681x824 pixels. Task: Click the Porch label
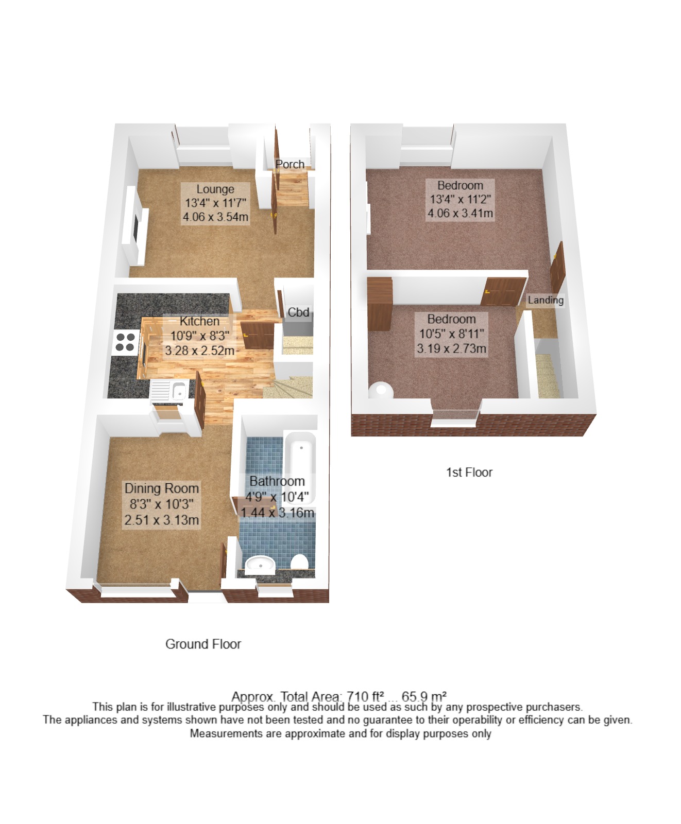(290, 164)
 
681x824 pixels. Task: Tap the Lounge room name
(215, 189)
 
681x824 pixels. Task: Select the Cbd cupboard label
(298, 312)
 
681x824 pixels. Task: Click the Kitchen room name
(199, 321)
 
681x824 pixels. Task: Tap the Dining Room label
(162, 488)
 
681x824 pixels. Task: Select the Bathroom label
(277, 481)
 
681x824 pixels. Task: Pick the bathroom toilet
(299, 562)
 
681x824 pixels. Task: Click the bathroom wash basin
(260, 565)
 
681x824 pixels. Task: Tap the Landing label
(546, 300)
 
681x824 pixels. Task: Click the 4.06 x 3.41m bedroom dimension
(460, 213)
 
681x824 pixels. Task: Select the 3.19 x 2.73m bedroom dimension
(452, 348)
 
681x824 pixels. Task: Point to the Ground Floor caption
(203, 644)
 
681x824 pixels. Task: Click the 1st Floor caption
(469, 472)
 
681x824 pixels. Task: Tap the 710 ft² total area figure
(365, 696)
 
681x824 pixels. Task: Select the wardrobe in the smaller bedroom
(380, 304)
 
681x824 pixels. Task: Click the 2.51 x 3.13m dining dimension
(162, 520)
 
